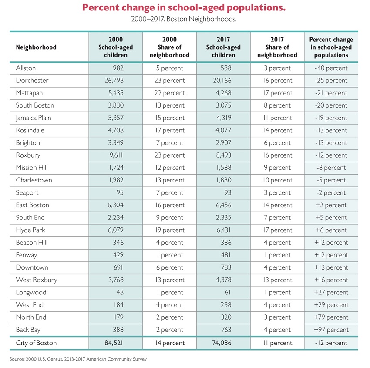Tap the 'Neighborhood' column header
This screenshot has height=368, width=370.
click(x=36, y=47)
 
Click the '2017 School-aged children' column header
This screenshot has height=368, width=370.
click(x=224, y=47)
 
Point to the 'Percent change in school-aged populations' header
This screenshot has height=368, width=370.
click(x=331, y=47)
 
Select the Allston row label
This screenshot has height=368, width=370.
click(x=26, y=68)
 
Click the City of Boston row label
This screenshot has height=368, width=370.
click(x=36, y=343)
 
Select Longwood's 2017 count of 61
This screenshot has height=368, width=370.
click(x=227, y=292)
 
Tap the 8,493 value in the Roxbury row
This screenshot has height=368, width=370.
click(x=222, y=155)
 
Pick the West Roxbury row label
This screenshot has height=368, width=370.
click(x=37, y=280)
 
